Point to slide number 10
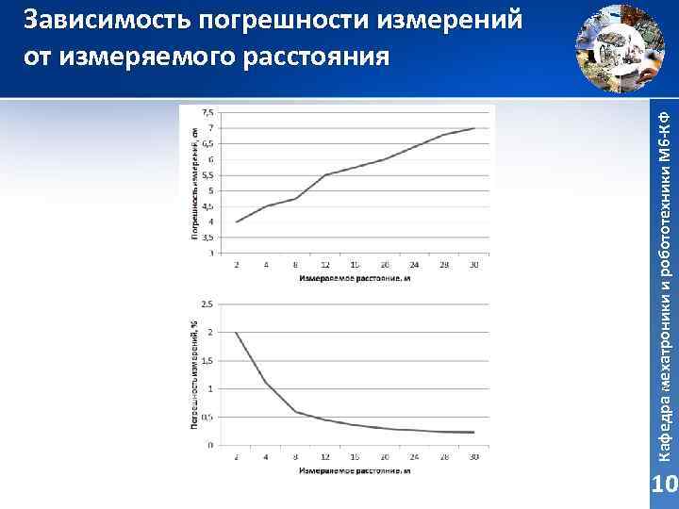tap(665, 486)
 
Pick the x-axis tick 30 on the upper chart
tap(472, 265)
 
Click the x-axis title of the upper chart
tap(355, 278)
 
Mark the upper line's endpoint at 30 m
tap(473, 128)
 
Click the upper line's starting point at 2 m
tap(237, 222)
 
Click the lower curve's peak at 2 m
tap(237, 333)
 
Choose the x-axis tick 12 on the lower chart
tap(325, 456)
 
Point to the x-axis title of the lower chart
tap(355, 468)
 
